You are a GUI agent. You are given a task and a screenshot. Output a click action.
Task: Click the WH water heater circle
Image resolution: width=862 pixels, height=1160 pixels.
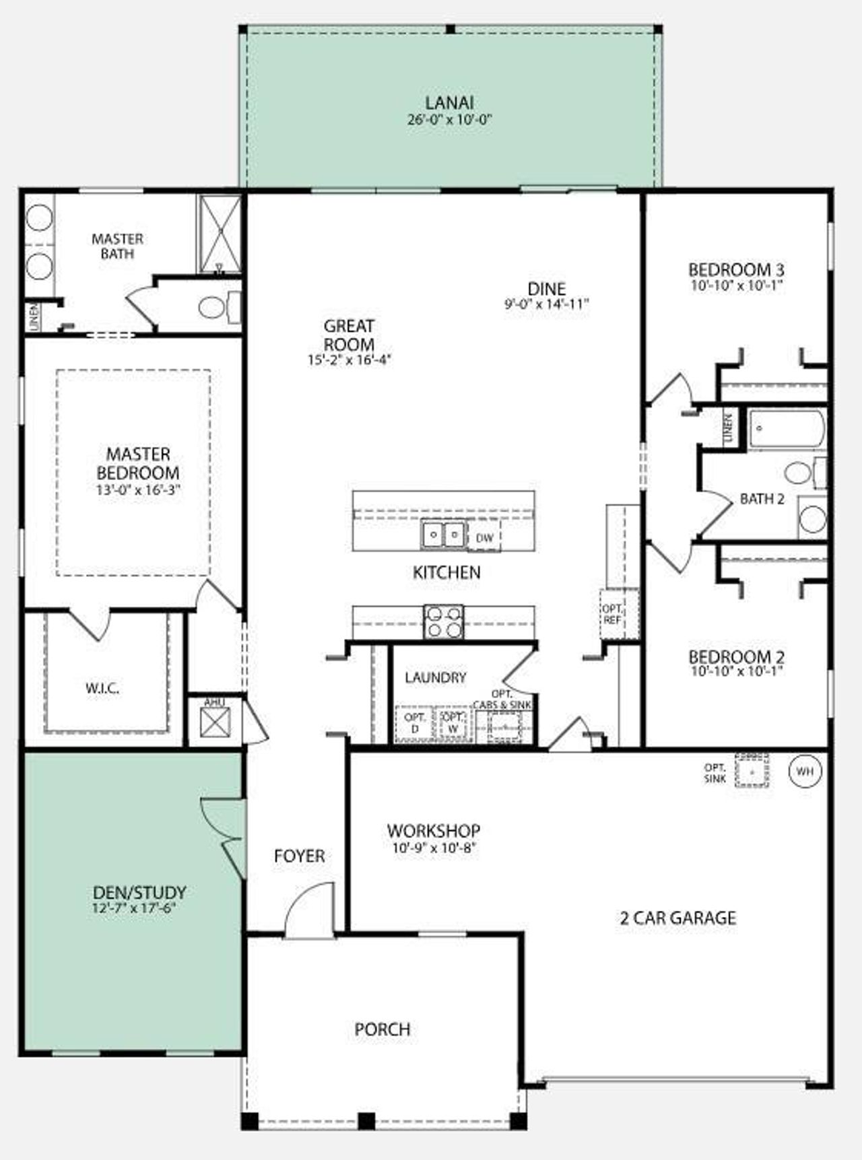[x=805, y=772]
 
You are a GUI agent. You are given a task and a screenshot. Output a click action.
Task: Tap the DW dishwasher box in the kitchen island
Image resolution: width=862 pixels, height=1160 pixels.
[x=484, y=538]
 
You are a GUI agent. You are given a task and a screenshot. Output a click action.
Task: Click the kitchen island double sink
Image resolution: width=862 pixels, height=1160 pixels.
[x=444, y=536]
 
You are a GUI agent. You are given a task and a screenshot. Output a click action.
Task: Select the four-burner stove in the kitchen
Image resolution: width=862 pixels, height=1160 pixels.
[x=444, y=621]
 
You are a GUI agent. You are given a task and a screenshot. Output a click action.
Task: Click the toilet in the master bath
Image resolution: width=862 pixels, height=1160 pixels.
[x=217, y=308]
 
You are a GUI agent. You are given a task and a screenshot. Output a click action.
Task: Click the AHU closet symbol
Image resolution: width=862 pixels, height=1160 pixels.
[x=215, y=723]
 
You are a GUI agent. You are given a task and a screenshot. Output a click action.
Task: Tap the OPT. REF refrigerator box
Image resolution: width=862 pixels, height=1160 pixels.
[x=612, y=615]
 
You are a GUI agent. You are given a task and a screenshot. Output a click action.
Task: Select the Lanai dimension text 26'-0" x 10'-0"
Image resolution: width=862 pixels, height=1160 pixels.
[x=450, y=121]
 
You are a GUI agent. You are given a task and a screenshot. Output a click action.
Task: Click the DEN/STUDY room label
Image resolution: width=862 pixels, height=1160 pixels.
[x=139, y=893]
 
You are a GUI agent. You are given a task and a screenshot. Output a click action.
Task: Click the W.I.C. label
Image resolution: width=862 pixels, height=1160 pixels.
[x=102, y=688]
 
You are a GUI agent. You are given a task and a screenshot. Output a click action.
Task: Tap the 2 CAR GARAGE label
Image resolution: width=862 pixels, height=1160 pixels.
[x=677, y=918]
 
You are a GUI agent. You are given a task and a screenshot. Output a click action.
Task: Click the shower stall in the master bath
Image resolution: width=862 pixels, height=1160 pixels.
[x=219, y=234]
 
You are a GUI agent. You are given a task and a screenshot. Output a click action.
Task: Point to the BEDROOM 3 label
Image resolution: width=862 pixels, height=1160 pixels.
[x=735, y=270]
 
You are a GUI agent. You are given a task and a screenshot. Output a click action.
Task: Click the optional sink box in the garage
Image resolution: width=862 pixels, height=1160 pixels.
[x=752, y=772]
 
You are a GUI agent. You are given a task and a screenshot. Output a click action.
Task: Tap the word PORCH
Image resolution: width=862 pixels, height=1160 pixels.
[x=382, y=1029]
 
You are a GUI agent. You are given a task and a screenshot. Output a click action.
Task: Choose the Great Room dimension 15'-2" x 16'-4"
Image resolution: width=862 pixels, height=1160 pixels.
[x=349, y=360]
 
